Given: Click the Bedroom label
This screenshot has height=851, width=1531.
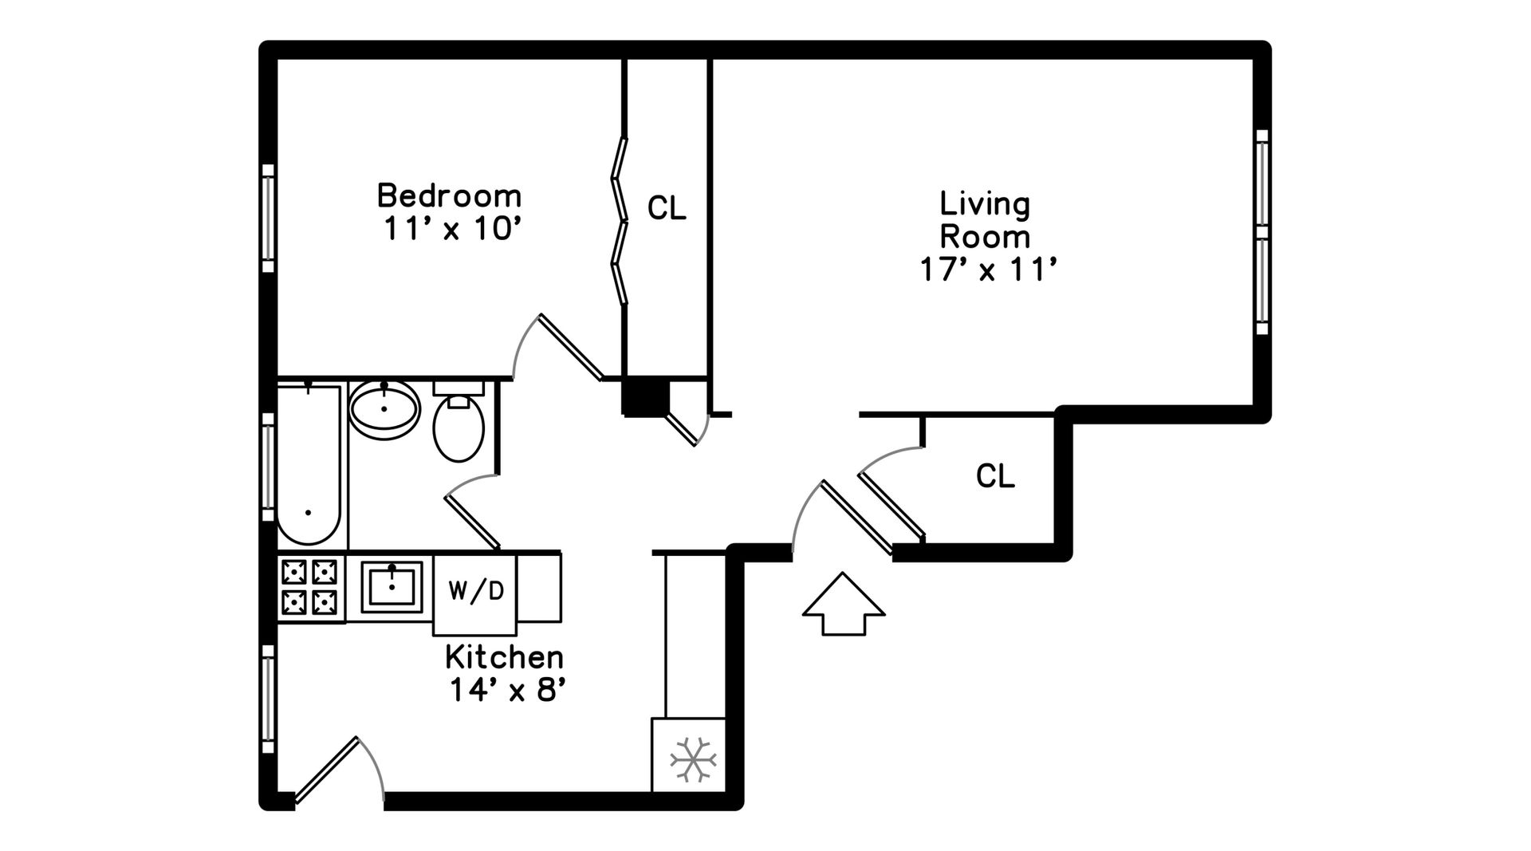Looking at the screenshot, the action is pos(449,195).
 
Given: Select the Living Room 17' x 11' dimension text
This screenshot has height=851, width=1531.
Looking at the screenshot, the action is pos(989,270).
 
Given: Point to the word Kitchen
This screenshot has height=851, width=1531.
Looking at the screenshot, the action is pos(504,657).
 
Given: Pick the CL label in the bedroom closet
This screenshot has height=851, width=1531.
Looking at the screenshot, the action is pos(667,208).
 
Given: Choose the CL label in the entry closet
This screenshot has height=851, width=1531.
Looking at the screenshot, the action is pos(995,476).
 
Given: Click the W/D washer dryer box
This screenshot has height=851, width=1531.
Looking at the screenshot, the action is pos(475,593).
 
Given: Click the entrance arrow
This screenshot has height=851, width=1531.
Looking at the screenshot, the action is pos(844,604).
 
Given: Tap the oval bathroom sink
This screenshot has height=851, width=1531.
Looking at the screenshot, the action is pos(384,409).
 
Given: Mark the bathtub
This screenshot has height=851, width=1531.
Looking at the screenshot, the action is pos(309,465).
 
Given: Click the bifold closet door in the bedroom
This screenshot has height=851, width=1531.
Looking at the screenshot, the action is pos(620,221).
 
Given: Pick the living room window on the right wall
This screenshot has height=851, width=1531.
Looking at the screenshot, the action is pos(1261,231).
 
